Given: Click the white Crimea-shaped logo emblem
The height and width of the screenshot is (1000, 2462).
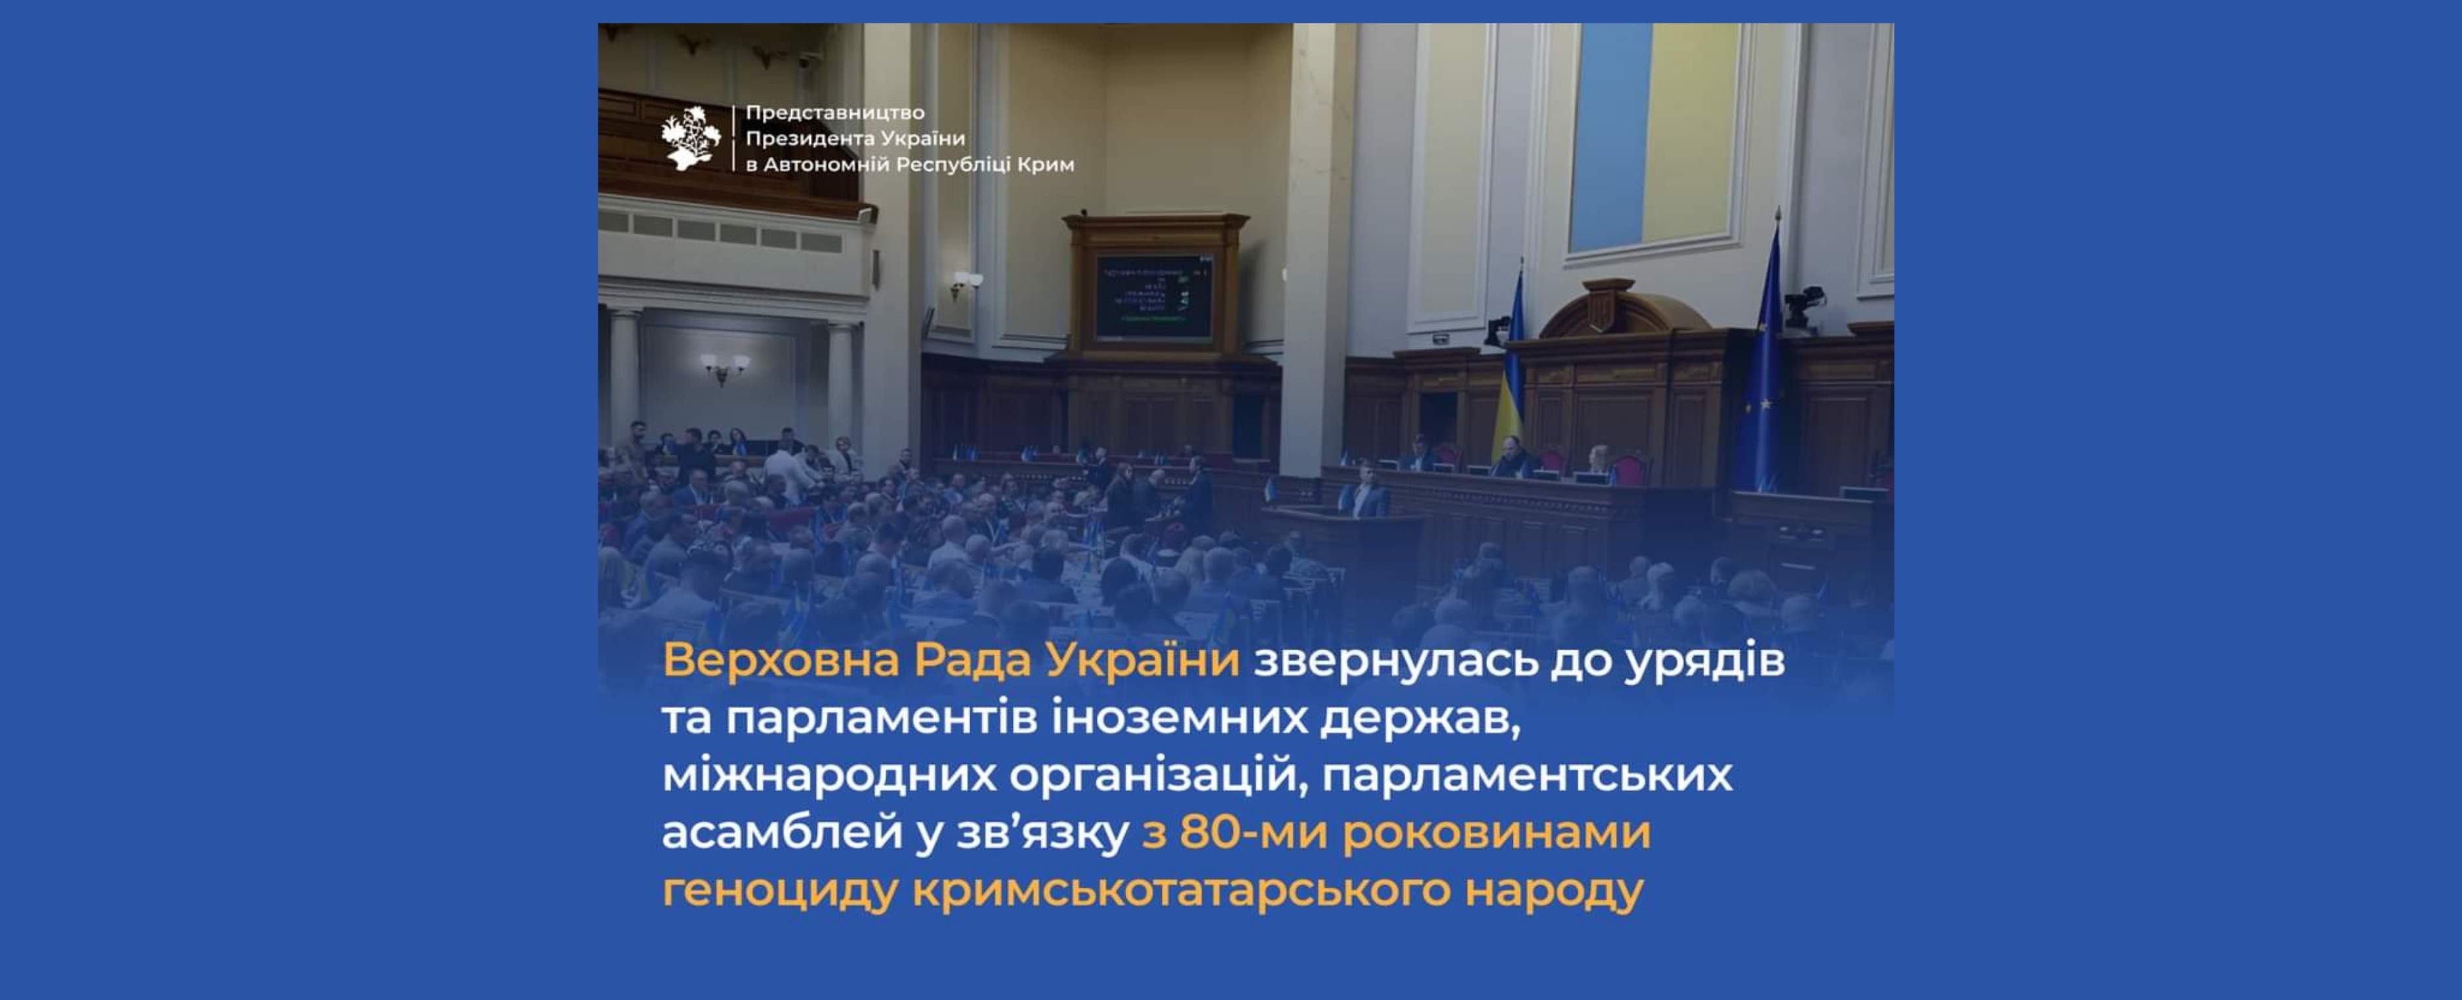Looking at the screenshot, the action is pyautogui.click(x=690, y=138).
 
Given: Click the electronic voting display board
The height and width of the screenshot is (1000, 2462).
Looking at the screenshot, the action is pyautogui.click(x=1153, y=297).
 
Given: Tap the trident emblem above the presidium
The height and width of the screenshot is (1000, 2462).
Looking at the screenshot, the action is pyautogui.click(x=1607, y=308).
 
